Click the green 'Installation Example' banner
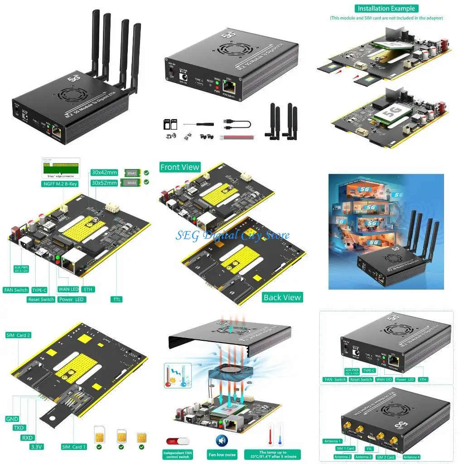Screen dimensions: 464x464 386,9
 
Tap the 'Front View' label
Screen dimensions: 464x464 180,167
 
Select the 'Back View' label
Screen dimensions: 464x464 282,297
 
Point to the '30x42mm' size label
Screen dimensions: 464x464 104,173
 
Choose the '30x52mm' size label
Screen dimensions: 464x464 104,183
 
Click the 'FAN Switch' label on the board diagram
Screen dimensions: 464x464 16,290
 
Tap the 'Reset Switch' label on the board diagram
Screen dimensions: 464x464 41,300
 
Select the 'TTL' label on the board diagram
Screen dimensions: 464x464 116,300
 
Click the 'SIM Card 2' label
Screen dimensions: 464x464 18,335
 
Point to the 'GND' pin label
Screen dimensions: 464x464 12,419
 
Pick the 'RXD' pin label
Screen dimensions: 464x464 27,438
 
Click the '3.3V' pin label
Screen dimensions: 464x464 36,447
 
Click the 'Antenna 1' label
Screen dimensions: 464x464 332,441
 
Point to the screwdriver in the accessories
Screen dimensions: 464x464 198,123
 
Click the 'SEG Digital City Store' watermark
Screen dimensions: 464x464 232,236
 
